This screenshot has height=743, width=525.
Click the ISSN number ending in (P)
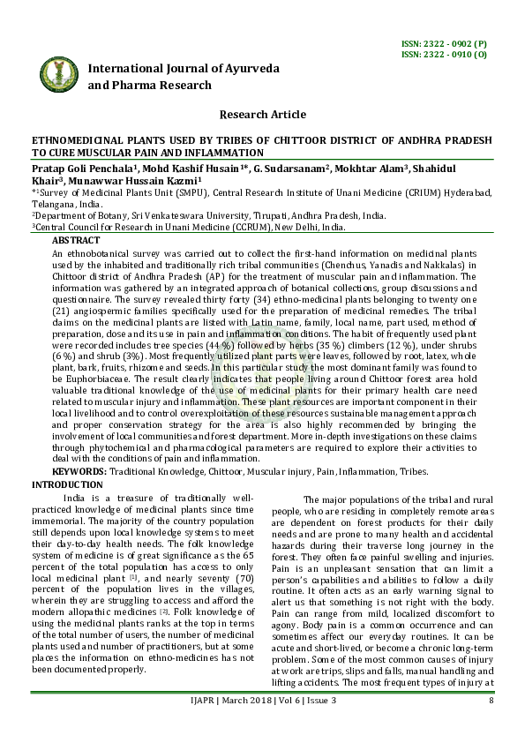[443, 44]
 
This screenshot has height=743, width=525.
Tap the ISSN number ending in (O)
[443, 55]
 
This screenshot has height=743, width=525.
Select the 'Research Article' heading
[261, 115]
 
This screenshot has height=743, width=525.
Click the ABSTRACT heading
[76, 240]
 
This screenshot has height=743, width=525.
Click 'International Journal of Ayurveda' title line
[184, 68]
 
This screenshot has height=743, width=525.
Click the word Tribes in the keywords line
[412, 472]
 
